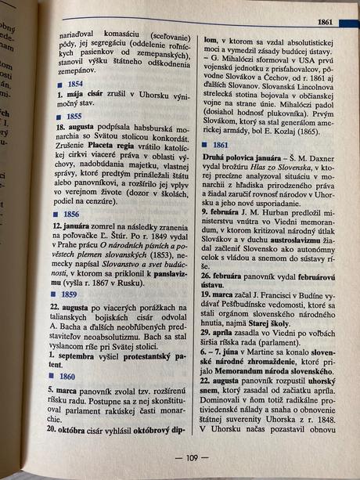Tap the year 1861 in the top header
click(x=328, y=21)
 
